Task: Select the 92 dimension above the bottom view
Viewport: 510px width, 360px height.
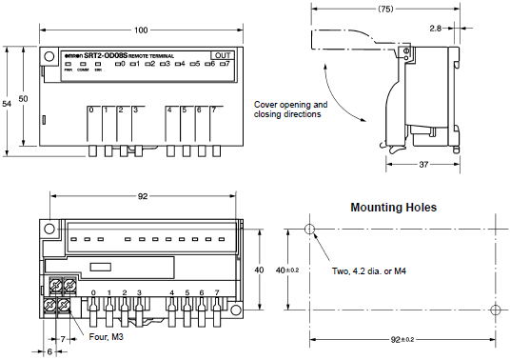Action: point(141,196)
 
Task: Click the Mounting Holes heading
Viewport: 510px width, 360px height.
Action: point(394,207)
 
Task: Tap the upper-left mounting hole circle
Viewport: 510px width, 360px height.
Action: point(308,230)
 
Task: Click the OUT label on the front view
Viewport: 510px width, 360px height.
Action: point(222,56)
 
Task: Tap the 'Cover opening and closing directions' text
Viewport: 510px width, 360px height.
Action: point(291,109)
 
